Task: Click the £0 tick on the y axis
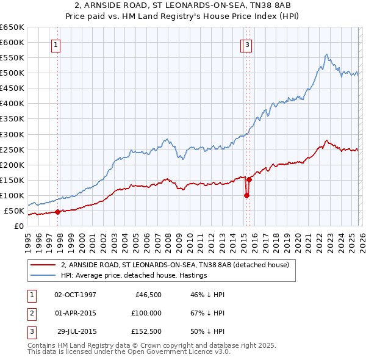pyautogui.click(x=18, y=226)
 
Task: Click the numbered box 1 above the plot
pyautogui.click(x=56, y=44)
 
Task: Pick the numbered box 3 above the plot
pyautogui.click(x=248, y=44)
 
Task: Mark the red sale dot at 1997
pyautogui.click(x=57, y=212)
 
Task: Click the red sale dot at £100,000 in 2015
pyautogui.click(x=246, y=196)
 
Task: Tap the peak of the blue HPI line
pyautogui.click(x=327, y=54)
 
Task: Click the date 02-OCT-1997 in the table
pyautogui.click(x=75, y=294)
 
